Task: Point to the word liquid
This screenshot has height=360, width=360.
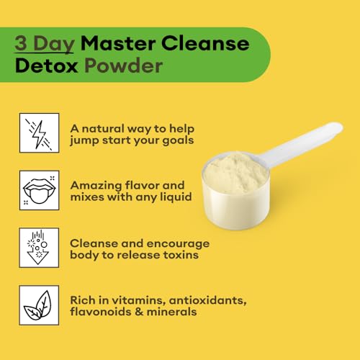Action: point(174,196)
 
